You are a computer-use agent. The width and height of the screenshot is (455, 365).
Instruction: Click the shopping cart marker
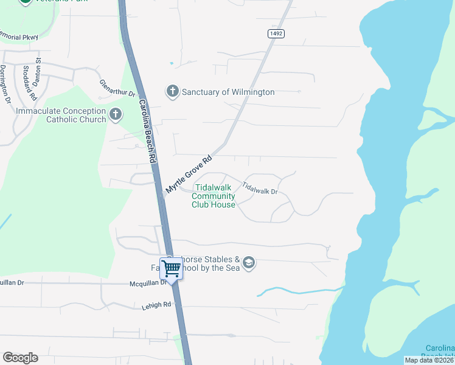172,268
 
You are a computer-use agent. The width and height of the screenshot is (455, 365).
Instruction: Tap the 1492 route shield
276,33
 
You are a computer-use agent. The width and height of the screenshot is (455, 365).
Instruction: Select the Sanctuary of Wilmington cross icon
172,92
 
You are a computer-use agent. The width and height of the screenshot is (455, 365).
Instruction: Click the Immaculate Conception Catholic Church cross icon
116,114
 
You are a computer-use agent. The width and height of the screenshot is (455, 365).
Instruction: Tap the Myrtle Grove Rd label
190,175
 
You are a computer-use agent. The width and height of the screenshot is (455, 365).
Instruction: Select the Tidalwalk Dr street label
260,189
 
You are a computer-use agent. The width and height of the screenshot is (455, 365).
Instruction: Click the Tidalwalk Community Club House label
214,196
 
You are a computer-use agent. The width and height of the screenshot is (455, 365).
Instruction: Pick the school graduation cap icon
248,263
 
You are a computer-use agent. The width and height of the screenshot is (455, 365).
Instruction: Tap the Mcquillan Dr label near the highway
144,283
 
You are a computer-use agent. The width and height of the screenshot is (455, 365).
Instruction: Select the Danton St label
38,69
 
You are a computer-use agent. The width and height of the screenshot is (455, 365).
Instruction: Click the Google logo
20,358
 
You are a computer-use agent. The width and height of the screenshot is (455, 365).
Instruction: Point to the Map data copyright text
429,360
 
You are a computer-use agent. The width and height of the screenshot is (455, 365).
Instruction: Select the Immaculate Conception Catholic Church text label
61,115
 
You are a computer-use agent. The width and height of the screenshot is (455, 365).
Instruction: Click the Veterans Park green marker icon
26,2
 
